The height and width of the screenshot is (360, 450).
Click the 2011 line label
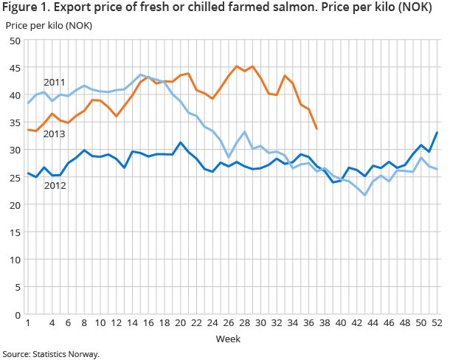54,82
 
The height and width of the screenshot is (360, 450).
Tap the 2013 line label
54,134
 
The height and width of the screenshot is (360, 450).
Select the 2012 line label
54,185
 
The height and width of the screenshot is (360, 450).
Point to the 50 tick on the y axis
14,41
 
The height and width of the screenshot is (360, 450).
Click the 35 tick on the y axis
14,122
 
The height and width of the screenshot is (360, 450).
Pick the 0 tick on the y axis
17,315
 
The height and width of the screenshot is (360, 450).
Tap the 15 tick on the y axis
14,232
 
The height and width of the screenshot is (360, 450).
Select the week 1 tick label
28,324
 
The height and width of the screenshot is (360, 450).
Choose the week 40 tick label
342,324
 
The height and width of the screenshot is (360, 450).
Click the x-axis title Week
227,339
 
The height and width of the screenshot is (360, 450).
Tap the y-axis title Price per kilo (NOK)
45,26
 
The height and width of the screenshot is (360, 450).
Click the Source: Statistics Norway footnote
51,354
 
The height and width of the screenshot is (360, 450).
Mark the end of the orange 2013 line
317,129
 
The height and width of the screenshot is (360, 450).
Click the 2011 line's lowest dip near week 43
365,195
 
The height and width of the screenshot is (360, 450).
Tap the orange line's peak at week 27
237,66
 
